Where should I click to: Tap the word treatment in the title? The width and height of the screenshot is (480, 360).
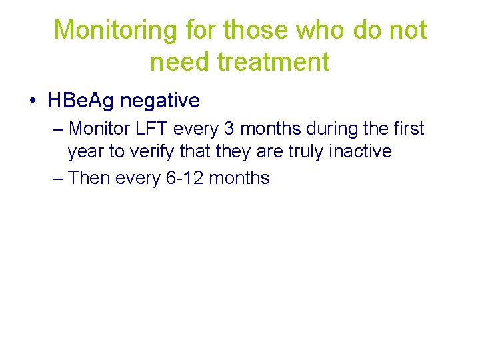tap(275, 62)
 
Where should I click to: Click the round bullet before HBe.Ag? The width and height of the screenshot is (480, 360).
tap(33, 101)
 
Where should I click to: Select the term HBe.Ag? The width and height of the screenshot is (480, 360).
tap(81, 101)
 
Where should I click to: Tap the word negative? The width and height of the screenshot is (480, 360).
tap(160, 101)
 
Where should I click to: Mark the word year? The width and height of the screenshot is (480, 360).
tap(86, 153)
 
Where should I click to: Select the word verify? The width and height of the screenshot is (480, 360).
tap(151, 152)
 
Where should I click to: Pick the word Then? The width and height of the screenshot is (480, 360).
tap(90, 178)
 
